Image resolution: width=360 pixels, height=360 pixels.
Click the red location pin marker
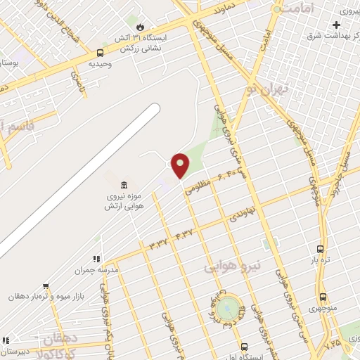pos(181,165)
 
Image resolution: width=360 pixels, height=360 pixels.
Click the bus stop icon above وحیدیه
pos(100,53)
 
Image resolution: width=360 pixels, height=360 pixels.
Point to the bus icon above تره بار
pos(321,249)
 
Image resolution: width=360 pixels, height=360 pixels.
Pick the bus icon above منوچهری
pos(323,297)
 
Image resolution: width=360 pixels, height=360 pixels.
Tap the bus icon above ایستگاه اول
pos(243,347)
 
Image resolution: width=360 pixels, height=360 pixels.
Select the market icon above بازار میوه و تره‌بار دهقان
pos(46,286)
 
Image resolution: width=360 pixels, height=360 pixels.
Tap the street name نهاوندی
pos(242,215)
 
